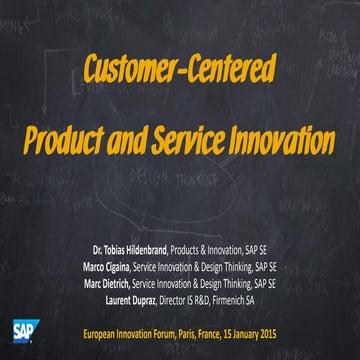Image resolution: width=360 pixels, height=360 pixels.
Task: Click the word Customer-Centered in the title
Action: pos(180,69)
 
